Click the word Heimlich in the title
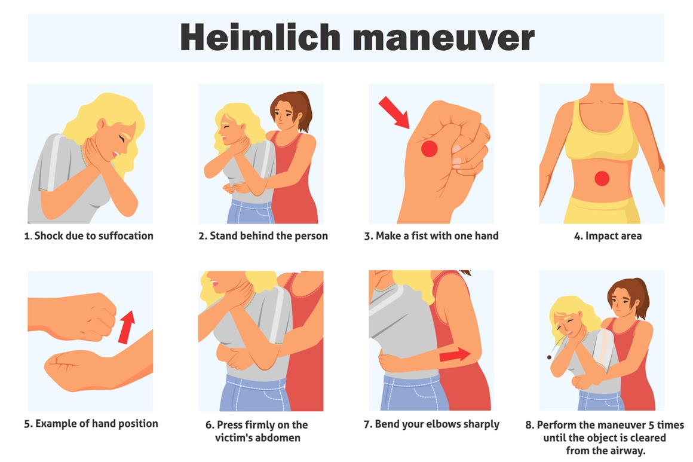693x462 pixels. pos(260,38)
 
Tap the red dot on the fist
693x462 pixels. pos(429,149)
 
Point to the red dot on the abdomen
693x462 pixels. pos(602,178)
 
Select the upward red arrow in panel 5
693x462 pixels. pos(127,326)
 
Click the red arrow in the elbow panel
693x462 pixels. pos(455,356)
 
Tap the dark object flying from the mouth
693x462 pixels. pos(549,357)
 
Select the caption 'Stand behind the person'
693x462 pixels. pos(263,236)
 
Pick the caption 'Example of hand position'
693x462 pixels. pos(91,424)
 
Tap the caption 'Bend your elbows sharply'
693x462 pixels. pos(431,424)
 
